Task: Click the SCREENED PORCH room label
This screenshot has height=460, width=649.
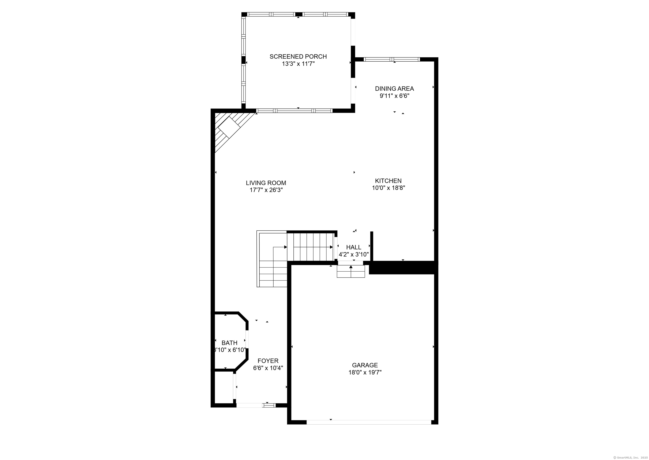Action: pos(298,57)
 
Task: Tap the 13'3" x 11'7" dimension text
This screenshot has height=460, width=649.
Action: pos(298,64)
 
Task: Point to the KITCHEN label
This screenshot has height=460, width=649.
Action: pos(388,181)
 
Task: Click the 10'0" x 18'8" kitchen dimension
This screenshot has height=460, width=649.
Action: pos(388,188)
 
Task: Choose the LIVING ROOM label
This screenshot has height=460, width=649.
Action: pos(266,183)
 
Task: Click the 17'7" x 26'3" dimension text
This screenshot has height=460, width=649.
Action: pos(266,190)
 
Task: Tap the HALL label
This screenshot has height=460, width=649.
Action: pos(354,247)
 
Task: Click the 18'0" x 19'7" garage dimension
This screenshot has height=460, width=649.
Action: pos(365,372)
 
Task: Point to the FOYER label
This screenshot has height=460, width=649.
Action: pos(268,361)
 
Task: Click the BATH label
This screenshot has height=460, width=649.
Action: pos(229,343)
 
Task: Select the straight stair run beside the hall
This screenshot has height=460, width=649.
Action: pos(311,246)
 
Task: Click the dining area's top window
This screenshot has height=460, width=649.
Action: pos(391,60)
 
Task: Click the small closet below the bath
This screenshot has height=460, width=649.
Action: pos(224,387)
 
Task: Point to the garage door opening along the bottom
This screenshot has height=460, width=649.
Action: pos(369,422)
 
